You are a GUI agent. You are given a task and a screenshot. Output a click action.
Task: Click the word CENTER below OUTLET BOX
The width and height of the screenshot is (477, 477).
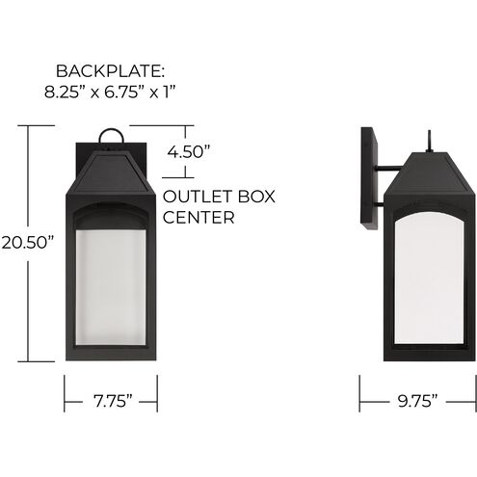coord(200,218)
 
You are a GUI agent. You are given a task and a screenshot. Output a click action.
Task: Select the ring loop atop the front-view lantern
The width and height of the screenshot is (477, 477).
coord(112,138)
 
